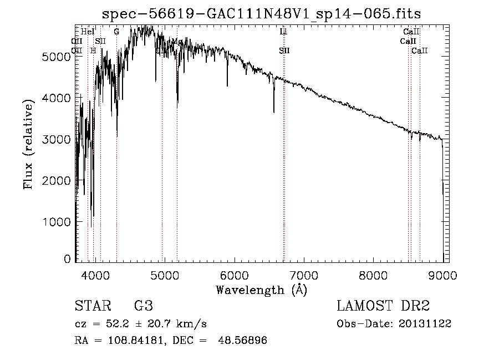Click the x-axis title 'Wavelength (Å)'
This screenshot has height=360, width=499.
tap(261, 290)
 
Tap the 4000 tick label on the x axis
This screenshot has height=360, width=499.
tap(95, 274)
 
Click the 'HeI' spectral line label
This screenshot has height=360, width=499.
tap(87, 32)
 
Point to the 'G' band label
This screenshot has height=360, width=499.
tap(116, 32)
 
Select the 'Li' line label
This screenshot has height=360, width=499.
tap(283, 32)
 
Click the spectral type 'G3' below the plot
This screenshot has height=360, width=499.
tap(143, 306)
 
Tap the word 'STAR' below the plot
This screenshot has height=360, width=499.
tap(90, 306)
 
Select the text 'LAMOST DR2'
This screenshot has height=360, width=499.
tap(383, 306)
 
